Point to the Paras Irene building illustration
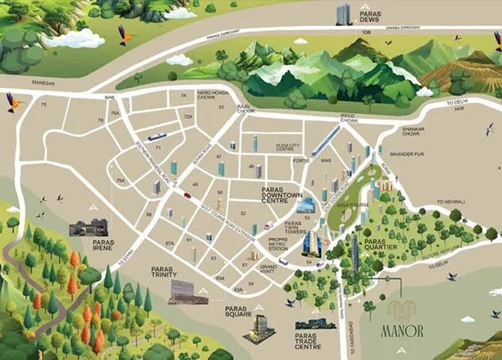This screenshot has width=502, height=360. (89, 227)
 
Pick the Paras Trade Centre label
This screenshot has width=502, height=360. (314, 343)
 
